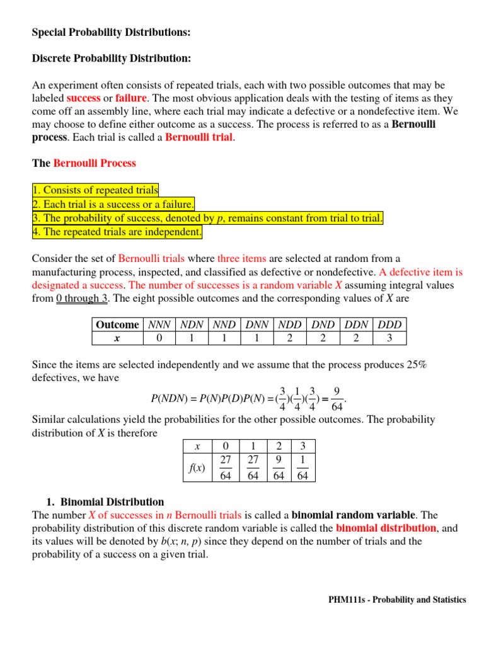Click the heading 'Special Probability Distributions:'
click(111, 31)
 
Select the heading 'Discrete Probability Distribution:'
click(112, 58)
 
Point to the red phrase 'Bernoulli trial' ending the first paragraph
click(199, 137)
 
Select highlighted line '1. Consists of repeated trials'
click(95, 190)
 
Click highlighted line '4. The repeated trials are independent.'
click(117, 232)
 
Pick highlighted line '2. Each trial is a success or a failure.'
click(113, 204)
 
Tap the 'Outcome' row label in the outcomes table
click(117, 324)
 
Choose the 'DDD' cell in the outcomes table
click(389, 324)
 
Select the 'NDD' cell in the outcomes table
click(290, 324)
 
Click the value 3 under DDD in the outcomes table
click(389, 338)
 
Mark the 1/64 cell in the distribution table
click(302, 467)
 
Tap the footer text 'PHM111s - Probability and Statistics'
click(397, 600)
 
